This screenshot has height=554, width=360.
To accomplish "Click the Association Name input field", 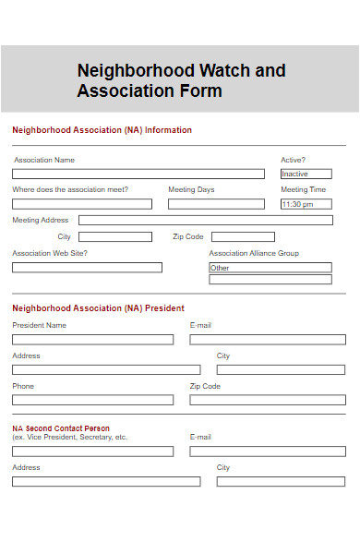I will click(x=138, y=174).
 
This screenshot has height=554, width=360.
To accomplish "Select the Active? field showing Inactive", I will click(x=306, y=174).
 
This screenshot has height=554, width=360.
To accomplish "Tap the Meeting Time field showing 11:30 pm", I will click(x=306, y=204).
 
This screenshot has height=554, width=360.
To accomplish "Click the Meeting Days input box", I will click(x=216, y=204).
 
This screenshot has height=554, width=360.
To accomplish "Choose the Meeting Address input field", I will click(x=205, y=221).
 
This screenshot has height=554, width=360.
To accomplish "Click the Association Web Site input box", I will click(x=87, y=268).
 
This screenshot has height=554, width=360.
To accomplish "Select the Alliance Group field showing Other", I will click(x=270, y=268).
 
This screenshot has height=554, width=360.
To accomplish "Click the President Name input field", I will click(x=92, y=340).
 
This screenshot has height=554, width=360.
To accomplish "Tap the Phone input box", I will click(x=92, y=401).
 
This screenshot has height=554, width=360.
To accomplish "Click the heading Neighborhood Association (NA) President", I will click(x=98, y=308).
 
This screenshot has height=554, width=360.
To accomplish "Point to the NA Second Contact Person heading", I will click(x=61, y=428).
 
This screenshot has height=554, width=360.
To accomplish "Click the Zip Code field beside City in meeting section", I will click(x=243, y=237).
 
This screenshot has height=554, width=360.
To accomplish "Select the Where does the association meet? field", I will click(x=82, y=204).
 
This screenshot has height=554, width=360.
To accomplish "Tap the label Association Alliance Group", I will click(x=254, y=253).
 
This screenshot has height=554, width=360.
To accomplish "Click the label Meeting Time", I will click(x=303, y=190).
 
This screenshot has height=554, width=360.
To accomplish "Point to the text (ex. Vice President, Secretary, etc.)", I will click(x=70, y=437).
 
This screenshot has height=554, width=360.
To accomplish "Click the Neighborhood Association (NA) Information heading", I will click(x=102, y=130).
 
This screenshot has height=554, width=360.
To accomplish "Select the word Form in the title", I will click(x=200, y=91).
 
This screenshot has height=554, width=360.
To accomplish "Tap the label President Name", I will click(x=40, y=325).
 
